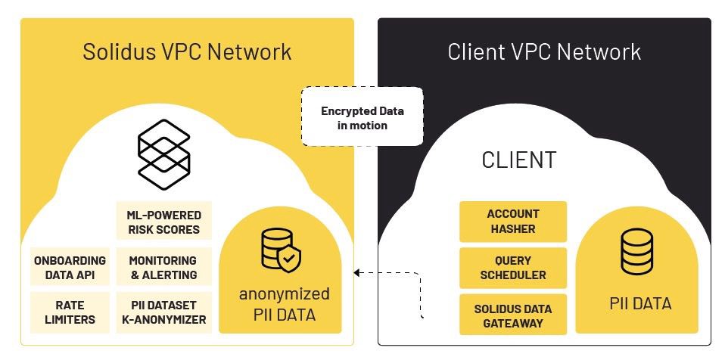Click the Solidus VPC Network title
point(187,51)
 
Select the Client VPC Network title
point(544,51)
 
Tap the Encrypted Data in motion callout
point(362,118)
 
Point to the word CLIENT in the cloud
point(518,160)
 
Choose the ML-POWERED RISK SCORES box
point(163,222)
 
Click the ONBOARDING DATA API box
point(70,267)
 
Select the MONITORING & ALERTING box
point(163,267)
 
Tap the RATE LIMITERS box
point(70,312)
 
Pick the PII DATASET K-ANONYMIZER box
point(163,312)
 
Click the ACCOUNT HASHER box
point(512,221)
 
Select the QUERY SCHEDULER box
point(512,267)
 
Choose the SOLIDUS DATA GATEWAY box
point(512,315)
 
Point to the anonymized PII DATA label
point(284,303)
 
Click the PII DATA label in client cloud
point(640,303)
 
